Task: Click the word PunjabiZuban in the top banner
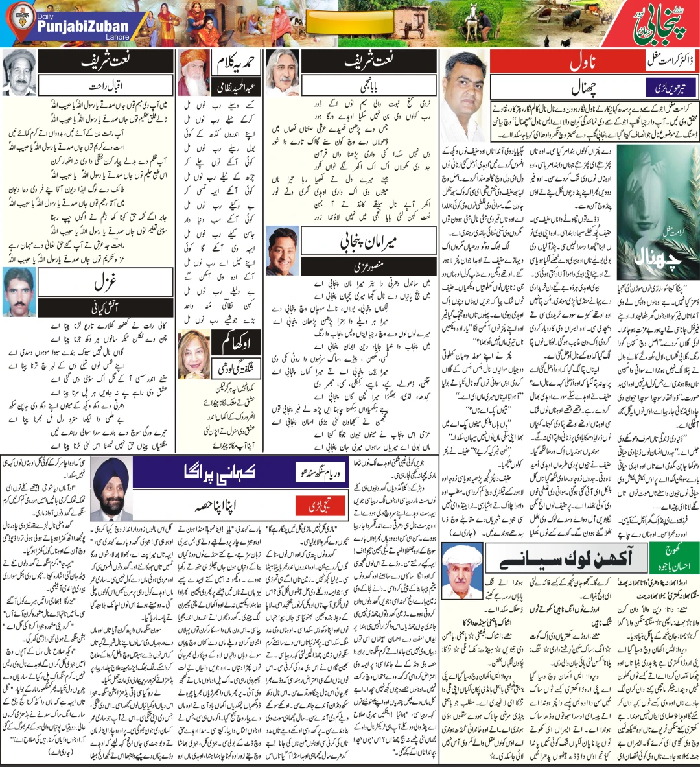(83, 27)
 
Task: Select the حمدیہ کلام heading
(236, 63)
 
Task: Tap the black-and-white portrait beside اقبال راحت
(18, 73)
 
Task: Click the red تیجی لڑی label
(329, 505)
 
